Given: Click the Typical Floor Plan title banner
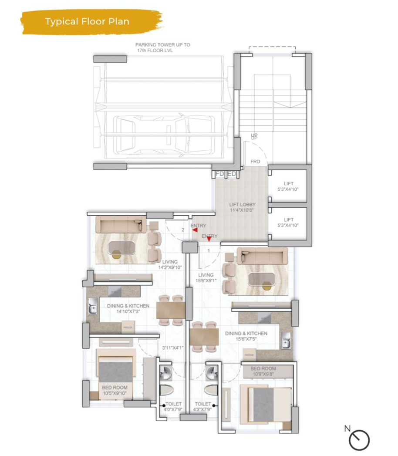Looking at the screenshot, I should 87,21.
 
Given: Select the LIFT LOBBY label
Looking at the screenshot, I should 242,207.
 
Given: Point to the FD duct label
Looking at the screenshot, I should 220,174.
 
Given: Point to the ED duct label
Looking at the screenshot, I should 232,174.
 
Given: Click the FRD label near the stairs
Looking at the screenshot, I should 255,162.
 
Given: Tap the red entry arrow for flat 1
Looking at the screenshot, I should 209,238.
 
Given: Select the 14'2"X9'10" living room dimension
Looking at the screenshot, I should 169,268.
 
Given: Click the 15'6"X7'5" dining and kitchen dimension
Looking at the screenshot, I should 246,339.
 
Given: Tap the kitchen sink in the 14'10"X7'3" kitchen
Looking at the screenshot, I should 93,307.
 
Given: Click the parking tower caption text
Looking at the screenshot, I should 162,47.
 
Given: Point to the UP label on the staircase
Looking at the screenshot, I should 254,136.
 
